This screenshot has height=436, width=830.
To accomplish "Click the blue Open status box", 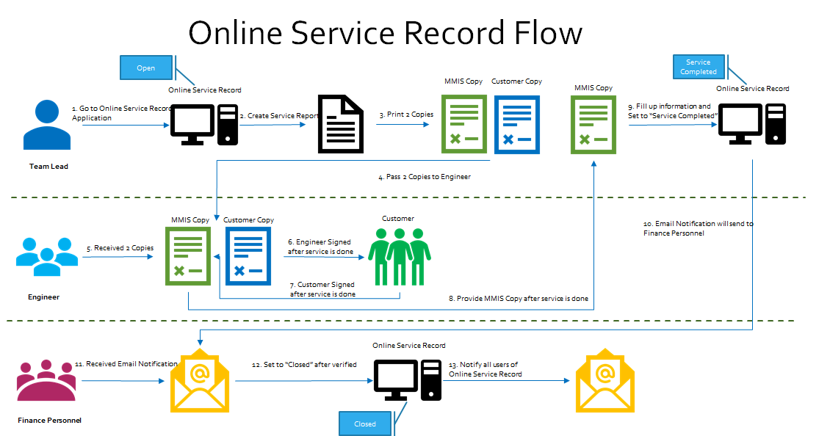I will click(146, 68).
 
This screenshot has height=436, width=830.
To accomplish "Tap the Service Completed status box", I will click(698, 67).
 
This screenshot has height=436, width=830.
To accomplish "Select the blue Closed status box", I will click(365, 424).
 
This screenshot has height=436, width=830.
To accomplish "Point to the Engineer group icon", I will click(47, 256).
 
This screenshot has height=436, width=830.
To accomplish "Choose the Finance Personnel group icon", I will click(47, 381).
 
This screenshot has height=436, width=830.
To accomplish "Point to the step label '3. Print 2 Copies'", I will click(406, 115).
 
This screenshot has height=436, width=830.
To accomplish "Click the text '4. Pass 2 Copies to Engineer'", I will click(424, 177).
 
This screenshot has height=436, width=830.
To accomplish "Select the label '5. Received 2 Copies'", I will click(120, 248).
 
